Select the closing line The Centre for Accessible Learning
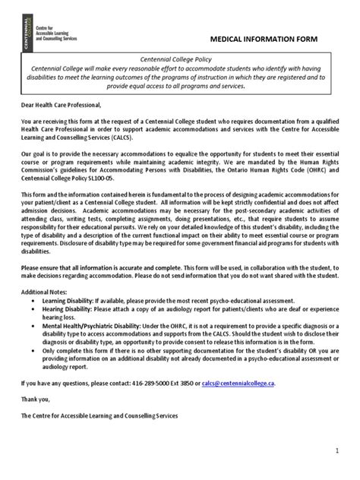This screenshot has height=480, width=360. [x=99, y=416]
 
